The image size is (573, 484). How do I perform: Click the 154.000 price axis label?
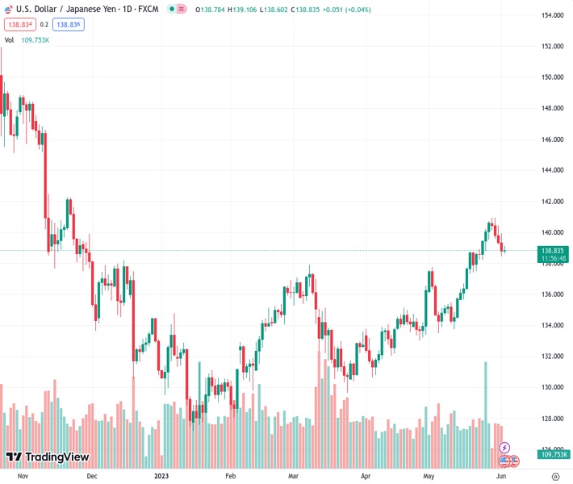[552, 15]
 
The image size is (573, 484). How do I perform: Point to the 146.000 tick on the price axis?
[552, 140]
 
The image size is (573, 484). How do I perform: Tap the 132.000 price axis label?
[552, 357]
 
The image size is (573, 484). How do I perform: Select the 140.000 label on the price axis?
[552, 232]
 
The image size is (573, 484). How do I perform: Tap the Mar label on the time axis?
[293, 477]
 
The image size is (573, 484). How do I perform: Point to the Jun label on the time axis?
[502, 477]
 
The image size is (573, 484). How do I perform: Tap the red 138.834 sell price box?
[19, 24]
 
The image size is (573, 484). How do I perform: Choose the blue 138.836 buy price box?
[69, 24]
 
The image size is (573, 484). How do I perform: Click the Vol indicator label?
[10, 40]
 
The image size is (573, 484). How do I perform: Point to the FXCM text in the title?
[148, 8]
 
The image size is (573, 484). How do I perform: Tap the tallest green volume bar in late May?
[485, 403]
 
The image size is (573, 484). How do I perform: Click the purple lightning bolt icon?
[505, 447]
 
